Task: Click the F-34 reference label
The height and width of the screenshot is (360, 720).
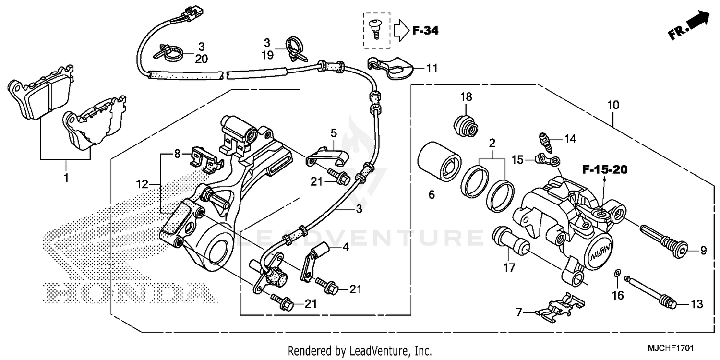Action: [x=425, y=31]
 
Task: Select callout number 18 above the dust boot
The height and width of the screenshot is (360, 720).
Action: [x=466, y=96]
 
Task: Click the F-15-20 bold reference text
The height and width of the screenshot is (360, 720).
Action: [x=604, y=169]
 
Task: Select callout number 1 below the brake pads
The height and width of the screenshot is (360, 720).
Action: [x=66, y=178]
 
